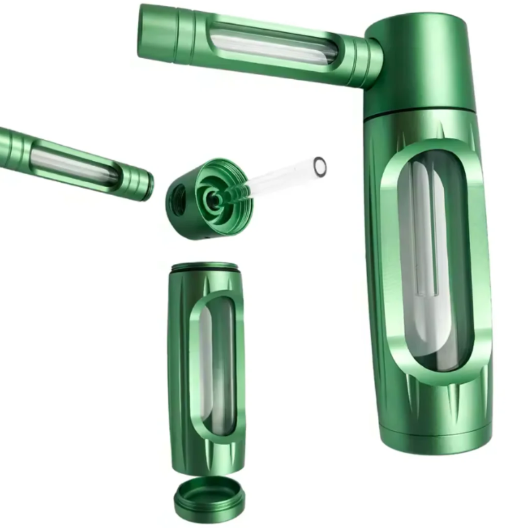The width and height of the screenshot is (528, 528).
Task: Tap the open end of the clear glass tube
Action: click(x=320, y=166)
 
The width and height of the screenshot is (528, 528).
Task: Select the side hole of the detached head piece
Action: click(x=177, y=201)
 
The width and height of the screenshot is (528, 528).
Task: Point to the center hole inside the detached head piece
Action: click(x=214, y=198)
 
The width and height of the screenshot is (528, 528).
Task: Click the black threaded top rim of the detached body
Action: click(x=205, y=267)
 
